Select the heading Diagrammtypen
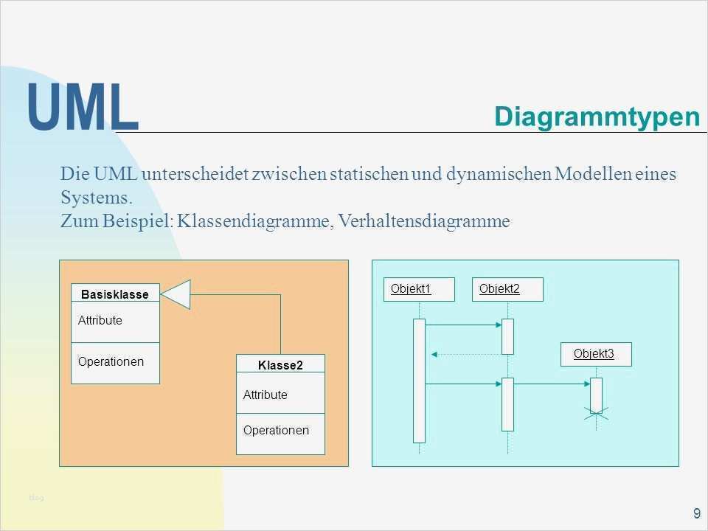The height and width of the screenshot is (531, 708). click(x=597, y=117)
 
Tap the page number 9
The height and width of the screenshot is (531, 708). click(x=696, y=514)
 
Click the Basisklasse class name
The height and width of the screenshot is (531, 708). click(x=115, y=294)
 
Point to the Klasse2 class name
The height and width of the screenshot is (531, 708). click(x=280, y=365)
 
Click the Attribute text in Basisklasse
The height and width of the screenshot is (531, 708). click(x=100, y=321)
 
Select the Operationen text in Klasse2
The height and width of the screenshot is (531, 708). click(x=276, y=430)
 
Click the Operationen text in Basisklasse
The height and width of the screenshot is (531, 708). click(x=111, y=362)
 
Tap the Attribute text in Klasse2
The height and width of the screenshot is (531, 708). click(x=265, y=395)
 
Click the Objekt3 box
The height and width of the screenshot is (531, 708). click(x=593, y=354)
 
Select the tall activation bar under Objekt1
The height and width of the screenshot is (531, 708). click(x=419, y=380)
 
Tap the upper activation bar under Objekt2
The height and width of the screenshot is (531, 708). click(x=507, y=336)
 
